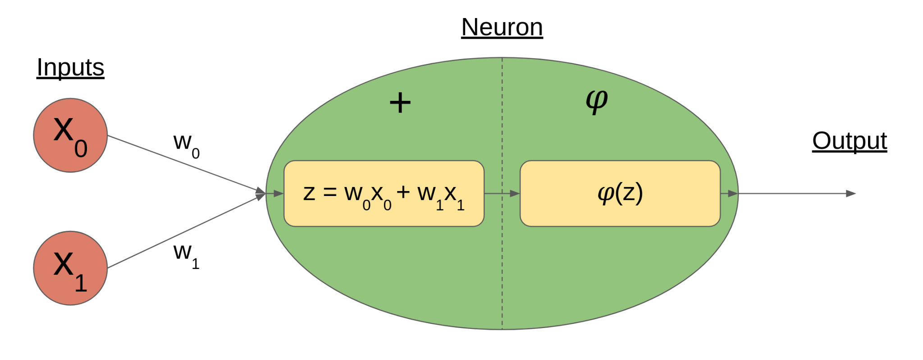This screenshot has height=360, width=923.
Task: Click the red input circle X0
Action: (x=70, y=135)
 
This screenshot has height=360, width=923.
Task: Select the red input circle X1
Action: (x=70, y=268)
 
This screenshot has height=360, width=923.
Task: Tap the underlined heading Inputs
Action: (x=70, y=68)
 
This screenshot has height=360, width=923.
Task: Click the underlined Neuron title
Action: (x=502, y=27)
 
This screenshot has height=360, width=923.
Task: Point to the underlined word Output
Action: (x=850, y=141)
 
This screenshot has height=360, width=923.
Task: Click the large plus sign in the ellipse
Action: (x=400, y=103)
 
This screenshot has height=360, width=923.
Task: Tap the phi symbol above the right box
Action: (x=597, y=101)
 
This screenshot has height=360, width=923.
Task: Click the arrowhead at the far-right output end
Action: (x=850, y=194)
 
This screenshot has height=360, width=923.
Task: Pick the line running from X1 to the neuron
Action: (x=185, y=231)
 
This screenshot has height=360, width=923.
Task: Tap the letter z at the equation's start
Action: (x=309, y=193)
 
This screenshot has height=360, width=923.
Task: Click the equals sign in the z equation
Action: (x=330, y=193)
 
